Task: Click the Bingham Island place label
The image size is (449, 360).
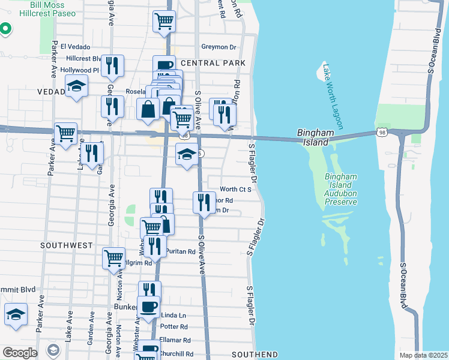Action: point(313,137)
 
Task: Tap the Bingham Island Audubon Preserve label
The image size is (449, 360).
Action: point(341,189)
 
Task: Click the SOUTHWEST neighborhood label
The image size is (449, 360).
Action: point(67,245)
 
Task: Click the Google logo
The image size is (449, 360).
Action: point(19,353)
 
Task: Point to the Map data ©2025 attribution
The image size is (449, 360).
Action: point(423,355)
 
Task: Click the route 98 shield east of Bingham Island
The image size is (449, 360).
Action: point(382,132)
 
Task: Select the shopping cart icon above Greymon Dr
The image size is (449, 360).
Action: point(164,21)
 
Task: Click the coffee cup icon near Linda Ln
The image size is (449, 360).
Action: point(149,307)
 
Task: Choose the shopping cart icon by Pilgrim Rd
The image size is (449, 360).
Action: point(113,258)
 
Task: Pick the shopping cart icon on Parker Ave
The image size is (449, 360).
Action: point(65,133)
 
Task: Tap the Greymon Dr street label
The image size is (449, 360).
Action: point(219,47)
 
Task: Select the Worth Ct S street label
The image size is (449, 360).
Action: point(235,189)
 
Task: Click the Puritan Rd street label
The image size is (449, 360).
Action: point(181,252)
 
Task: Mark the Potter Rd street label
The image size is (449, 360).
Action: point(174,327)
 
